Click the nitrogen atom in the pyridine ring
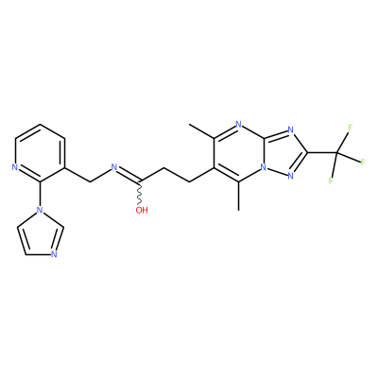(14, 167)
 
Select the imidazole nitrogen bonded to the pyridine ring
(40, 210)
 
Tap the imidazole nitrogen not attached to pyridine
(54, 254)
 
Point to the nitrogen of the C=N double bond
(114, 167)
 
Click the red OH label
(142, 210)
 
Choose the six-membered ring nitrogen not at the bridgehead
(239, 124)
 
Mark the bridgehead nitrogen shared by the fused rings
(264, 167)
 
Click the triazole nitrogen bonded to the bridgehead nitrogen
(290, 176)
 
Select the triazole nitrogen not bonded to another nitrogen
(290, 129)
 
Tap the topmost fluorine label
(350, 128)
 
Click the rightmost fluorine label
(363, 163)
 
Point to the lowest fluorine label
(331, 180)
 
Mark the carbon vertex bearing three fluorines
(337, 153)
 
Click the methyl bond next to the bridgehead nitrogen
(239, 196)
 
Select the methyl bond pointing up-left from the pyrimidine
(201, 131)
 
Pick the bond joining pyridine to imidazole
(40, 194)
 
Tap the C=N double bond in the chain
(129, 174)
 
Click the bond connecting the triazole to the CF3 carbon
(322, 153)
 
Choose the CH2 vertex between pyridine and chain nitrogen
(90, 181)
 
